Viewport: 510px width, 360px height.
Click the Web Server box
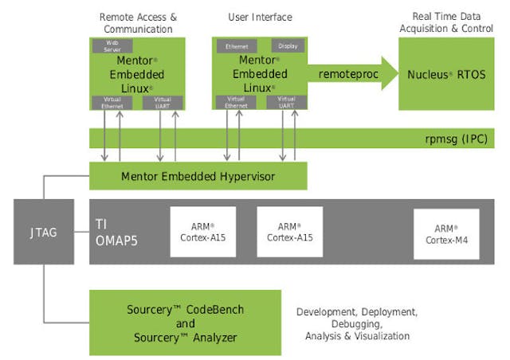point(112,45)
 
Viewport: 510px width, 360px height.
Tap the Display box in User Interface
point(288,46)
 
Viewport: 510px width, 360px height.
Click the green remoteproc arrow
point(347,74)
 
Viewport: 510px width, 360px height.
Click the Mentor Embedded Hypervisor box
point(198,176)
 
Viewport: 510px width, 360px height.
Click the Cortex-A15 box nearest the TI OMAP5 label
point(203,232)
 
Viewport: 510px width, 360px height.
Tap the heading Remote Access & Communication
point(136,22)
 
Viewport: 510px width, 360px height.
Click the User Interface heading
point(260,17)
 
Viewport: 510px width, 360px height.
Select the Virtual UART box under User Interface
point(285,102)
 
